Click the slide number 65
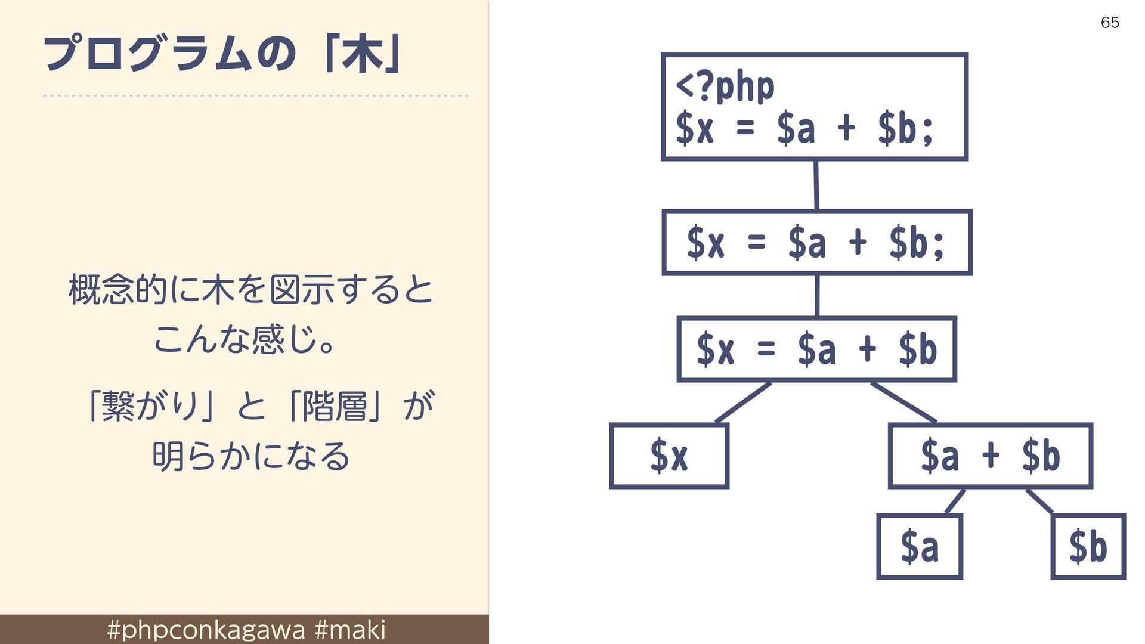coord(1110,23)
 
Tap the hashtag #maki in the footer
coord(350,630)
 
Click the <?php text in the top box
coord(725,87)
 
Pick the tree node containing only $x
coord(669,456)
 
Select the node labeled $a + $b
coord(991,456)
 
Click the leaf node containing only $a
coord(920,546)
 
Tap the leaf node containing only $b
coord(1088,546)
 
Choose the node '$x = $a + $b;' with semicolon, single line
coord(817,243)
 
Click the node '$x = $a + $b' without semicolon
coord(817,349)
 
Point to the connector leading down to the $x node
coord(743,402)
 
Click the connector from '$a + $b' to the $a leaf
coord(955,501)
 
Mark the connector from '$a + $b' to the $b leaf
coord(1039,501)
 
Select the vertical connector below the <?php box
coord(816,185)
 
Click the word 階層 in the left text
coord(334,406)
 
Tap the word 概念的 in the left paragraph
coord(118,290)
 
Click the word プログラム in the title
coord(147,54)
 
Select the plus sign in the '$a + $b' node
coord(991,455)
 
